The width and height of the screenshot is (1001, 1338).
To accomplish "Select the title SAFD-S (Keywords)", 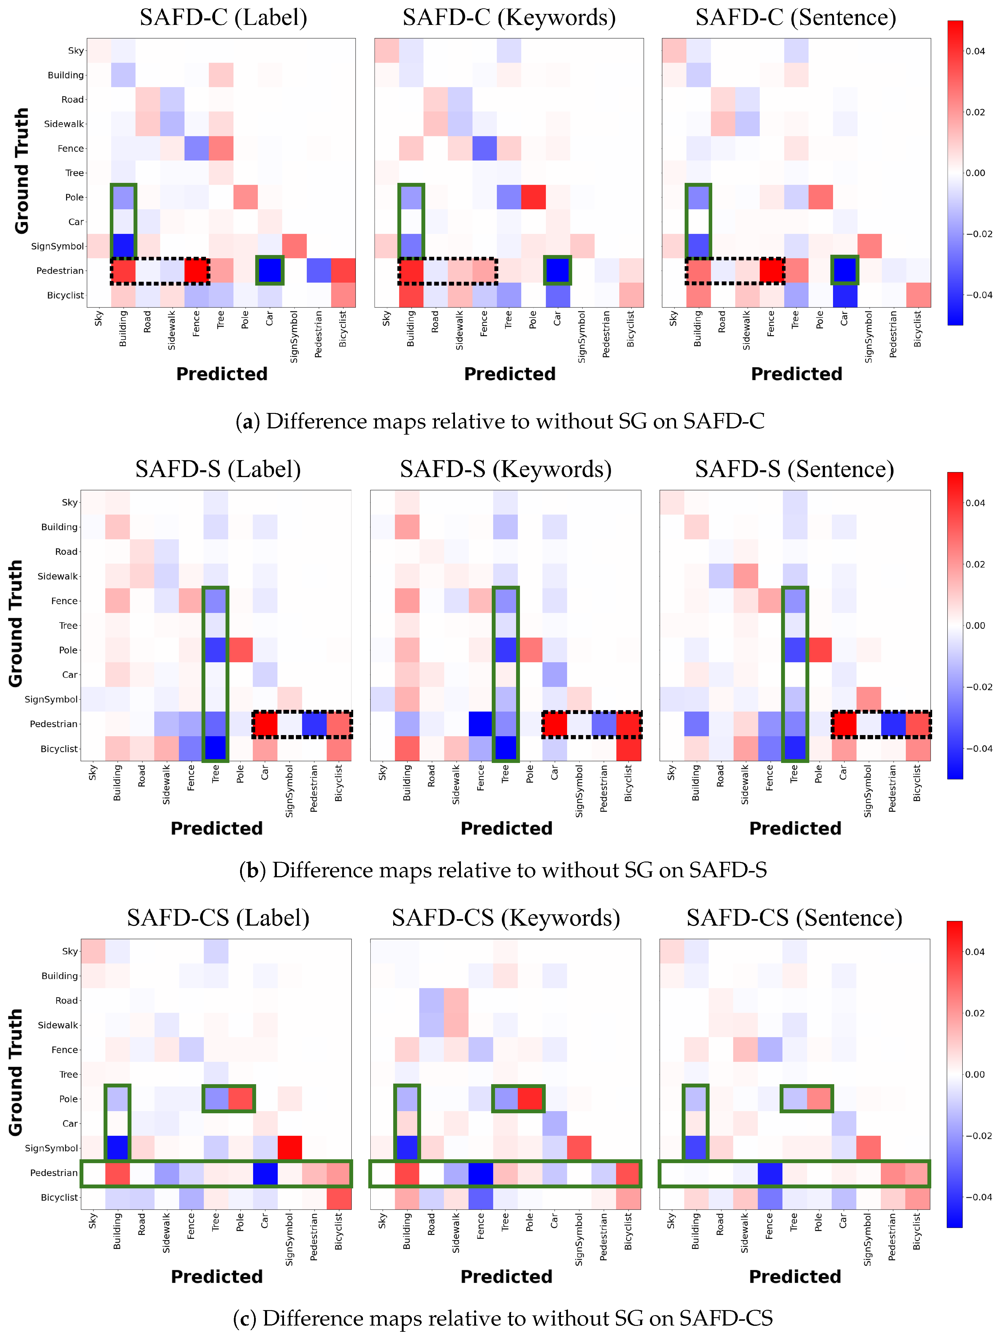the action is [506, 469].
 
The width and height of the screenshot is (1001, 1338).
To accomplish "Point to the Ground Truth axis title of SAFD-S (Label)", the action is [16, 624].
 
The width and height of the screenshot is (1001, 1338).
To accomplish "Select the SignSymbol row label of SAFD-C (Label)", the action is [58, 246].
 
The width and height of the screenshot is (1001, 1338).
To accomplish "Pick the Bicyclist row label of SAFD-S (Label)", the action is [59, 749].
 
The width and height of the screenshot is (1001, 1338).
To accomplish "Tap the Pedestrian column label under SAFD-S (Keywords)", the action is [604, 788].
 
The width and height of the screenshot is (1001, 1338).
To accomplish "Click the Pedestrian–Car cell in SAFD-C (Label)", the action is [270, 270].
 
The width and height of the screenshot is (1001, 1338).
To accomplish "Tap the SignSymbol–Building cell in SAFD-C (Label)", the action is [123, 246].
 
